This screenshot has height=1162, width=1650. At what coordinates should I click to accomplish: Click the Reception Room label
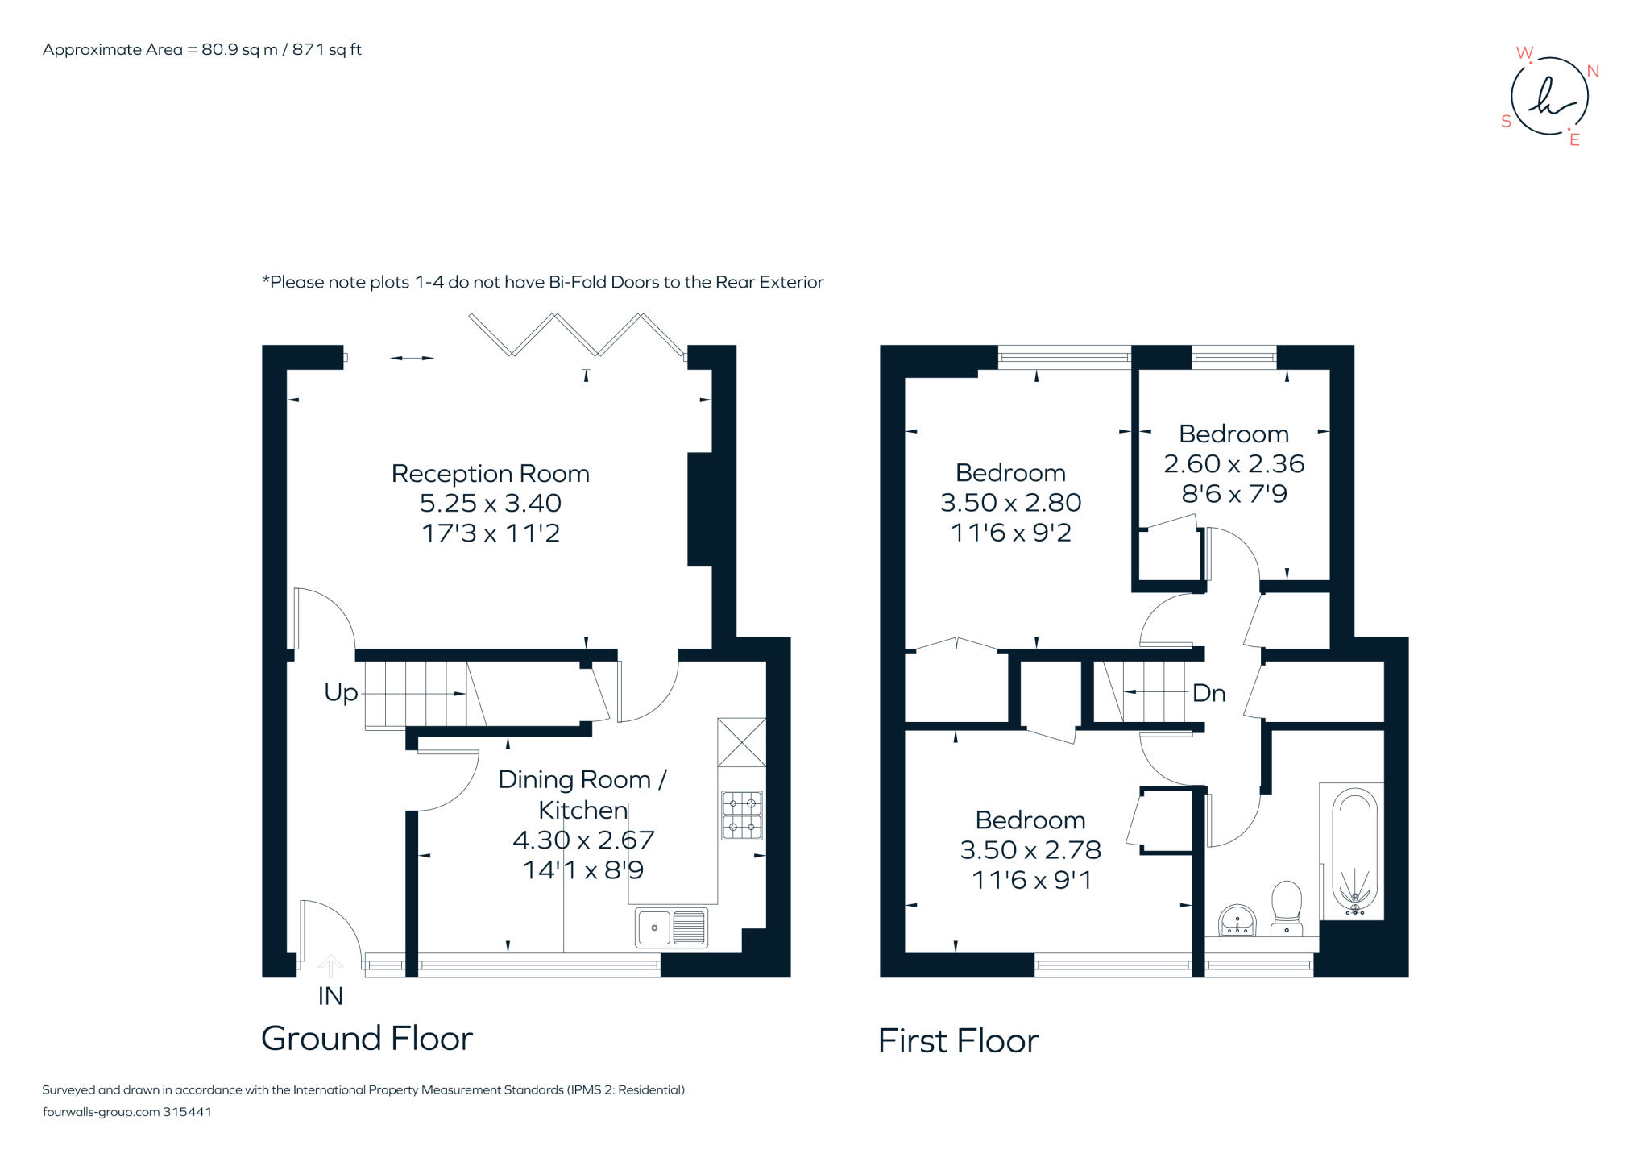pyautogui.click(x=490, y=474)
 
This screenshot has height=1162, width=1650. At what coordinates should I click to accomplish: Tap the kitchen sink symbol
pyautogui.click(x=671, y=927)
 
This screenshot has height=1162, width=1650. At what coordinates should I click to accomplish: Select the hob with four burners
pyautogui.click(x=741, y=815)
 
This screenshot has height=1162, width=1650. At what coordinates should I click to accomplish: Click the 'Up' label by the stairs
pyautogui.click(x=340, y=692)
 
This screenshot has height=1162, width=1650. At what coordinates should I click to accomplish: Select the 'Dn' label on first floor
pyautogui.click(x=1208, y=693)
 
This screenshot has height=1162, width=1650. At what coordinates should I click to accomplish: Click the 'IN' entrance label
pyautogui.click(x=330, y=996)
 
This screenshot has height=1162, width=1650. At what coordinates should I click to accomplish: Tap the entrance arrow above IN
pyautogui.click(x=330, y=965)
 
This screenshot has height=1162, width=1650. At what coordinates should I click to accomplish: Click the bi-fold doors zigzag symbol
pyautogui.click(x=576, y=334)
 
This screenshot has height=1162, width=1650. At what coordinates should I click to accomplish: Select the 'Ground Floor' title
pyautogui.click(x=367, y=1039)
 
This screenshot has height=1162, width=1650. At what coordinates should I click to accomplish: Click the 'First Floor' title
pyautogui.click(x=958, y=1041)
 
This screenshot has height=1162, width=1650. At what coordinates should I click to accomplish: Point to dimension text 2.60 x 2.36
pyautogui.click(x=1233, y=464)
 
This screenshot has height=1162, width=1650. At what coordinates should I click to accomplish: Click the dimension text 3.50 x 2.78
pyautogui.click(x=1030, y=850)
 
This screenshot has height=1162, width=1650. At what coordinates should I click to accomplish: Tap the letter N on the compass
pyautogui.click(x=1592, y=72)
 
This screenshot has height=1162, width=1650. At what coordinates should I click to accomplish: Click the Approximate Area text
pyautogui.click(x=201, y=50)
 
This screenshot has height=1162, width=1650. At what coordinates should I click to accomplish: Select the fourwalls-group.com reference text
pyautogui.click(x=126, y=1112)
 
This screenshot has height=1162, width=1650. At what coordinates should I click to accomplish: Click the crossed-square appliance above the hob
pyautogui.click(x=741, y=742)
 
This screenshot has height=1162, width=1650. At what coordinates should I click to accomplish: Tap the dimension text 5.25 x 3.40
pyautogui.click(x=490, y=504)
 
